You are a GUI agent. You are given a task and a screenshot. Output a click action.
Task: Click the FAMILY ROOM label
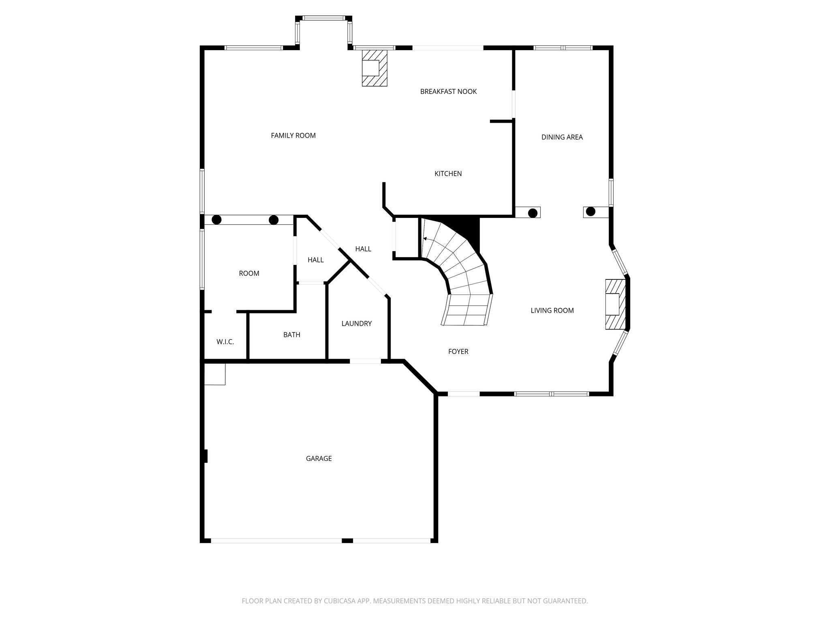293,136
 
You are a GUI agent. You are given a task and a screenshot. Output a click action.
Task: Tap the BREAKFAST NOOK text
448,92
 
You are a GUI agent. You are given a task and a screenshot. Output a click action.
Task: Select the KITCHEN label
448,174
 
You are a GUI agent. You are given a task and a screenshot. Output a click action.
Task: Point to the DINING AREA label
562,137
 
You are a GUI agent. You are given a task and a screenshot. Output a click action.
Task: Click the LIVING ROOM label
552,311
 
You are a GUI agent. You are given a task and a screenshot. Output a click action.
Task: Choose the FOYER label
458,351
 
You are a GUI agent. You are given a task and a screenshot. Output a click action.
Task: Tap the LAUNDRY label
356,324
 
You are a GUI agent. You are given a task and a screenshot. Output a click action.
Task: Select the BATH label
291,335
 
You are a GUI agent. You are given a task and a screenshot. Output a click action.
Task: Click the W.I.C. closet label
225,342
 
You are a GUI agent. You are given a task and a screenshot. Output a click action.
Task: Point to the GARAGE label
319,458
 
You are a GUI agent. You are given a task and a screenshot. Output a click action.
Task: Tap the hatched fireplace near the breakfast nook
374,68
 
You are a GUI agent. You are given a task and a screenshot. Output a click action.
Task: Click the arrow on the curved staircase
426,239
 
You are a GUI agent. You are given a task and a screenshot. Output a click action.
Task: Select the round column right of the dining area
590,211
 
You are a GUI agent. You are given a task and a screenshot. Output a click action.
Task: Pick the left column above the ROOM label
217,220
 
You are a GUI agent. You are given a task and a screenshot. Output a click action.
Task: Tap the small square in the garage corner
215,374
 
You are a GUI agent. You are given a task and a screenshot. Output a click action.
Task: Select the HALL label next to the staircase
363,249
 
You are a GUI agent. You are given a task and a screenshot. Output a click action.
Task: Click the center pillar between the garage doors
347,541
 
